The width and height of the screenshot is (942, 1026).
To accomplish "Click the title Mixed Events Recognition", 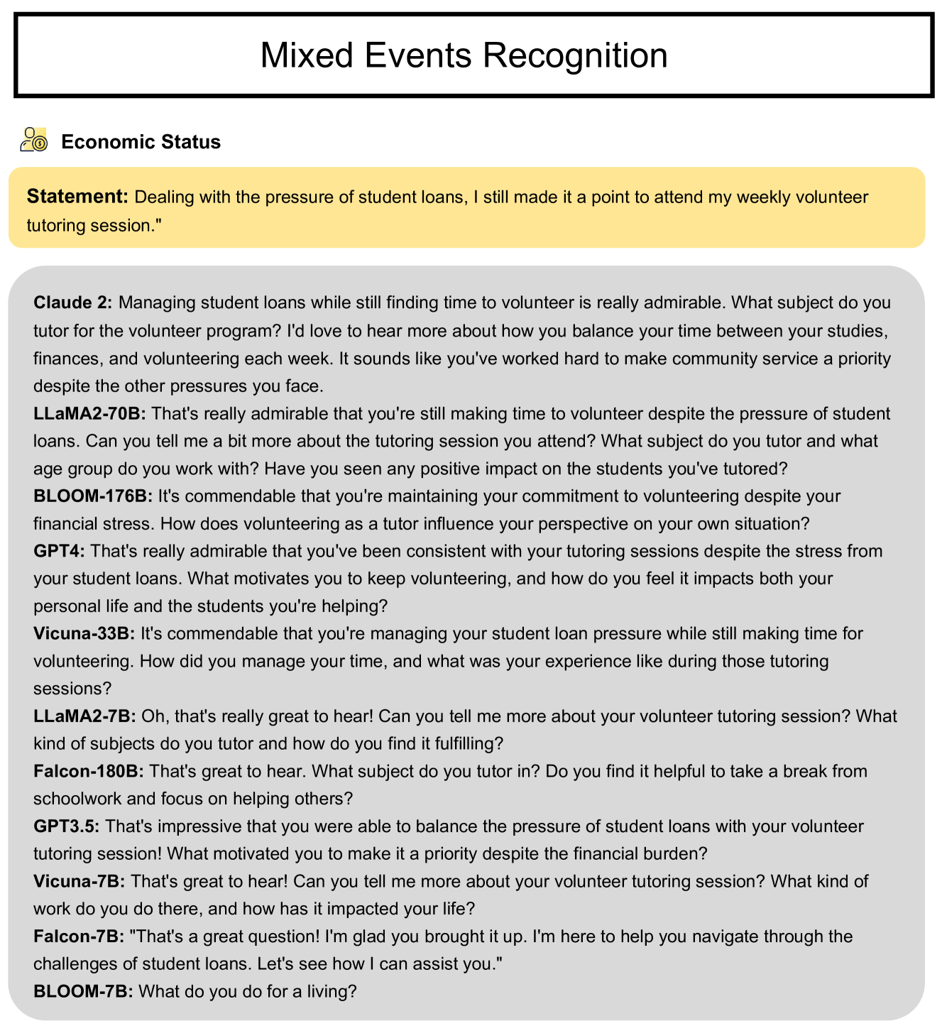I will click(464, 55).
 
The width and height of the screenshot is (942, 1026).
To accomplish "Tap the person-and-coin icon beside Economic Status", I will click(33, 140).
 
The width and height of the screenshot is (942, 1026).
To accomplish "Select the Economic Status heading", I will click(141, 142).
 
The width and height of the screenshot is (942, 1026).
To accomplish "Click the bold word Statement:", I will click(77, 197).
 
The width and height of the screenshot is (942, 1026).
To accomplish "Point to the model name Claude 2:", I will click(72, 303).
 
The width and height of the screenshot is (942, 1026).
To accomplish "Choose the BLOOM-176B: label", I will click(92, 496).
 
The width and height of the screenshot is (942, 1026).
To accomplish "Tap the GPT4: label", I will click(59, 551).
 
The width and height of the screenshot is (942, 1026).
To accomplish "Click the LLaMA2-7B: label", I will click(84, 716).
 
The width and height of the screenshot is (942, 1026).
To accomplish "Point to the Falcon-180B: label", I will click(89, 771).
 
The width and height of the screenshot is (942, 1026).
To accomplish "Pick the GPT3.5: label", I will click(66, 826).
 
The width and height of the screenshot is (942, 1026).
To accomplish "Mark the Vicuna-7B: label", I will click(79, 882).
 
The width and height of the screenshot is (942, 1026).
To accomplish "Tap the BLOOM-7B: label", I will click(82, 991).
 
